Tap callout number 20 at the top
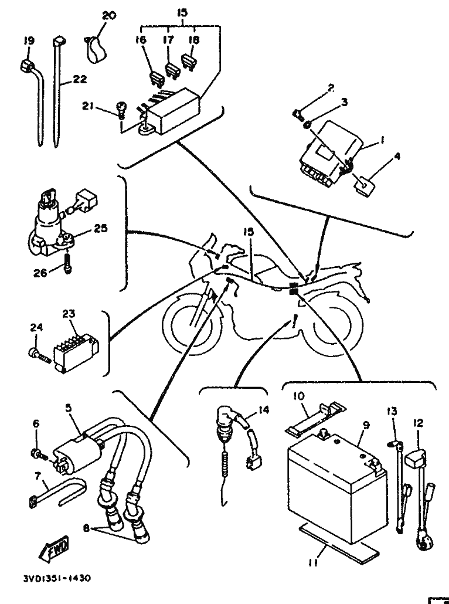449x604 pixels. point(109,16)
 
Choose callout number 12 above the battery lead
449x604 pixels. point(418,423)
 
